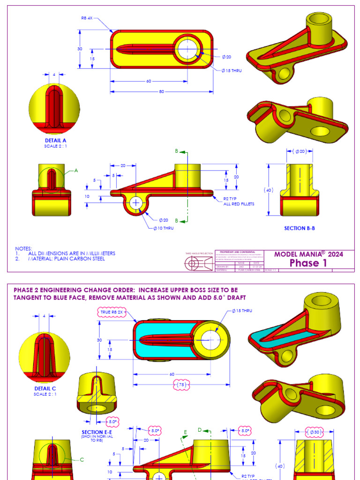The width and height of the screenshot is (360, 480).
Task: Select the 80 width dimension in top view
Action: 162,91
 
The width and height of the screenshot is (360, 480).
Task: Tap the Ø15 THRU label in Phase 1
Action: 232,71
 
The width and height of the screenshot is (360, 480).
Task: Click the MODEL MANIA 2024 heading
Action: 308,254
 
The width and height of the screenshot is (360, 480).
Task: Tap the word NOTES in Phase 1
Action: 24,248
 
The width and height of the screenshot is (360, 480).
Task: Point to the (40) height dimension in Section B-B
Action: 269,190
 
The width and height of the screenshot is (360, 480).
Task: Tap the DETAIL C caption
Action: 45,389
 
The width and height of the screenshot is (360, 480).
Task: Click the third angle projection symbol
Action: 197,264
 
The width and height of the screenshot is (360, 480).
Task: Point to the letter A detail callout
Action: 75,171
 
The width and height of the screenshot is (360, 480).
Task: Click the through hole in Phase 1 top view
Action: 187,48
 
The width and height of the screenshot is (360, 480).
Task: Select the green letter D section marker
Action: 200,429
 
